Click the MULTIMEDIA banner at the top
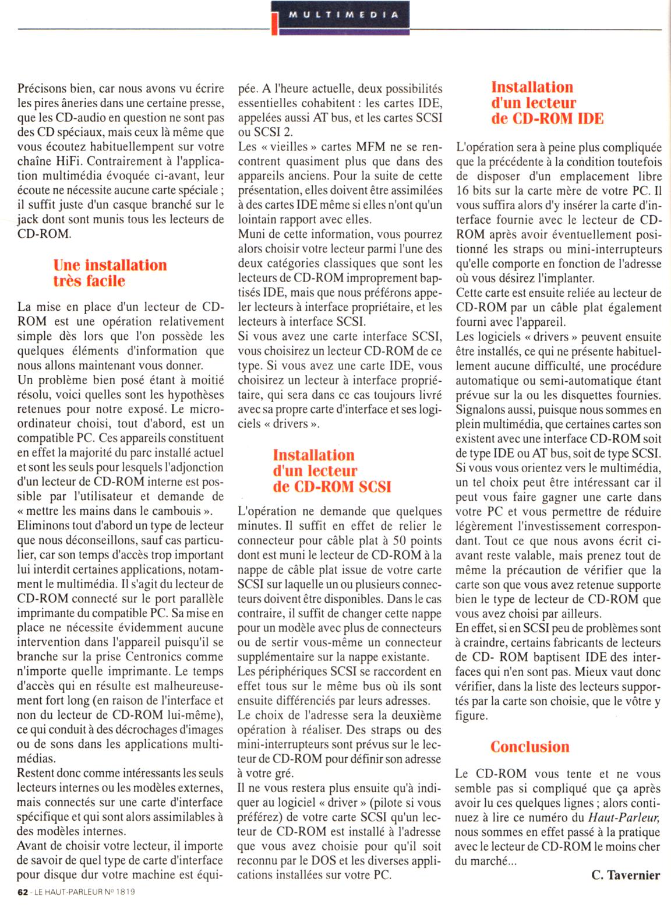coord(342,15)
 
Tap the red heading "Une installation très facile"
coord(110,273)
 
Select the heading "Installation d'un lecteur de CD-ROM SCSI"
coord(331,470)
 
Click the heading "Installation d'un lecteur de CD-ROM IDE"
coord(548,103)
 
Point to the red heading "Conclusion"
coord(529,747)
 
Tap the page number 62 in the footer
coord(23,892)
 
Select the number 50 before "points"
coord(400,540)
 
